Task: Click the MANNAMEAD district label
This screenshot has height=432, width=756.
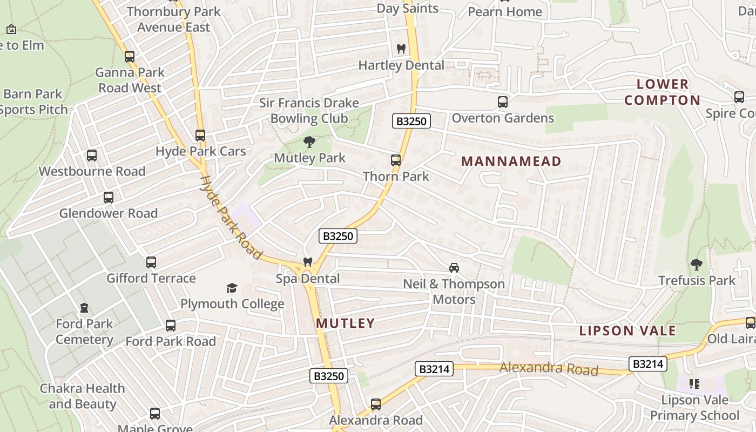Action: (x=511, y=161)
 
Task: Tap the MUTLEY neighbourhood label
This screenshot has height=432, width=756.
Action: (x=345, y=323)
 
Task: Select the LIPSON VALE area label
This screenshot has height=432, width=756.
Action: (x=627, y=330)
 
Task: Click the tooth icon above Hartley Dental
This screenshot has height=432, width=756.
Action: (x=401, y=49)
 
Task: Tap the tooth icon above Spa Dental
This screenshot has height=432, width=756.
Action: (x=308, y=262)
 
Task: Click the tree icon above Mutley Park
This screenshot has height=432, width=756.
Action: (x=309, y=142)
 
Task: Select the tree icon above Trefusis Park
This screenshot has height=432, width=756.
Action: (x=697, y=264)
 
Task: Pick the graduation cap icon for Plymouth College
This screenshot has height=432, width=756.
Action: (x=232, y=288)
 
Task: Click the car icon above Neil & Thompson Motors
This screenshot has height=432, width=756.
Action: (x=454, y=267)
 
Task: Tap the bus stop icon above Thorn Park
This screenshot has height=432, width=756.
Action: (x=396, y=160)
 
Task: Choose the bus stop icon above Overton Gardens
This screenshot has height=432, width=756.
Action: (x=502, y=102)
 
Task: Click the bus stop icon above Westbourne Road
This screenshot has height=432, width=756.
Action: (x=92, y=156)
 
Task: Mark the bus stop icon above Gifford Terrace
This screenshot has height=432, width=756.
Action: (x=151, y=262)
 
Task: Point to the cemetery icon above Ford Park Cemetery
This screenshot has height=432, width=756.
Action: (x=84, y=308)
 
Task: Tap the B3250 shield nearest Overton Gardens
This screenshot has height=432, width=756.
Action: (x=411, y=121)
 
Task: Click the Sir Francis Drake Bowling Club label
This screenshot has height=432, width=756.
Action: (x=309, y=111)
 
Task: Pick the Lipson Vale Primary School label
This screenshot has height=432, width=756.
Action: (x=694, y=408)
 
